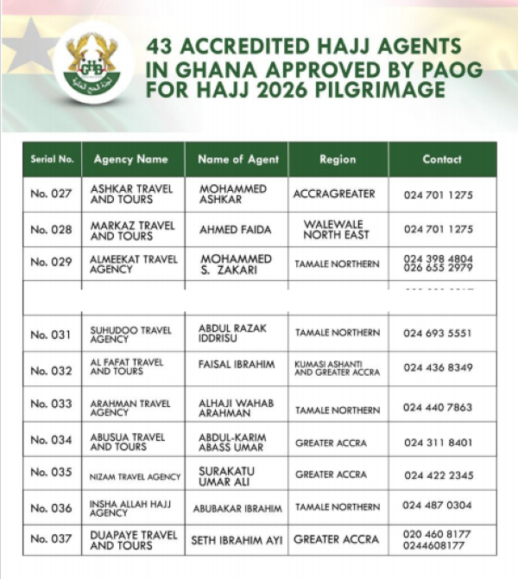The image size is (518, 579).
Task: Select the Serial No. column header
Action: pos(52,160)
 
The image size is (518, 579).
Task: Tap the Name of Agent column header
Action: pos(237,160)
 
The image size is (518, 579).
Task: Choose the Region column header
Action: pos(338,160)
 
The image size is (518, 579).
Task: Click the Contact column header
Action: pos(442,160)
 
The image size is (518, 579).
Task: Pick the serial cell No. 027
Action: pos(51,194)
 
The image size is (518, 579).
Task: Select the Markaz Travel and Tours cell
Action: pos(132,231)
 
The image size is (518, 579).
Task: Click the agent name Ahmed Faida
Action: pos(235,231)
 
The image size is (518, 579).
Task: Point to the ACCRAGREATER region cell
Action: pos(335,194)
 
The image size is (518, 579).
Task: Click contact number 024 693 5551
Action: pos(438,334)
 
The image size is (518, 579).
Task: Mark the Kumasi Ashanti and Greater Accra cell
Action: pos(338,369)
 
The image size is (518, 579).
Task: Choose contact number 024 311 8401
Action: pos(438,442)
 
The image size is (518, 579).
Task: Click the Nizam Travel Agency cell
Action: pos(136,476)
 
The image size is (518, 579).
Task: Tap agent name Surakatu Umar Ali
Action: pos(227,475)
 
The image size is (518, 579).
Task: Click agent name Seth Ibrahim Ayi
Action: pos(235,540)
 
